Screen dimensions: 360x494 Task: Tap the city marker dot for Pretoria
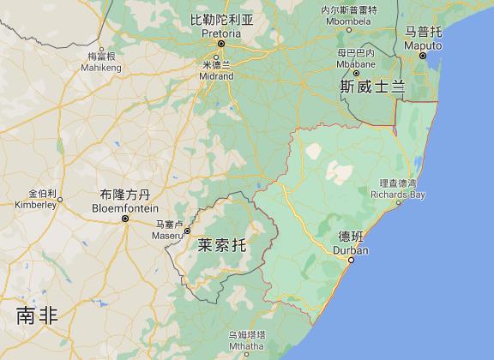(220, 42)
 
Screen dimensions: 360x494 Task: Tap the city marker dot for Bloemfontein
(126, 219)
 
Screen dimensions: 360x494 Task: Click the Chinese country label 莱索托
(221, 244)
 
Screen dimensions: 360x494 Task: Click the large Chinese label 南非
(37, 315)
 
